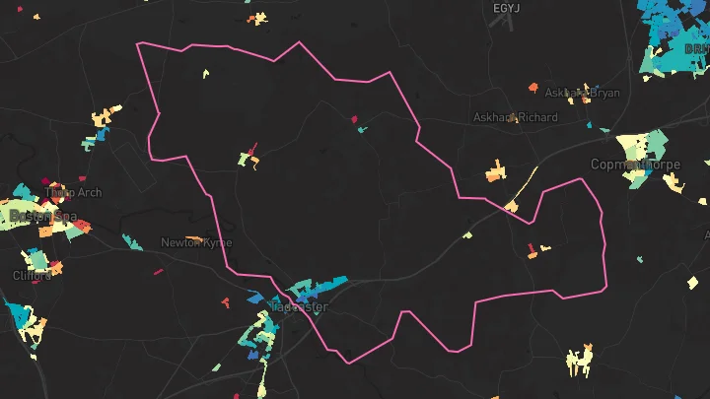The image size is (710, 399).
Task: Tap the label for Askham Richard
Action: [515, 117]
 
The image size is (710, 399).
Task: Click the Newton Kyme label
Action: [196, 242]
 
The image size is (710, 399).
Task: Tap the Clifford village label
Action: [33, 276]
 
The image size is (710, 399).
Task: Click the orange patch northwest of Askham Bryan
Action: [533, 88]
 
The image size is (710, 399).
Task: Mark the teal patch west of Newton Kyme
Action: [130, 241]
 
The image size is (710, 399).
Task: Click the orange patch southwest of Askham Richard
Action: [495, 174]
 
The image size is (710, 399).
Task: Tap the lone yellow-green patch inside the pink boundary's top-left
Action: [207, 73]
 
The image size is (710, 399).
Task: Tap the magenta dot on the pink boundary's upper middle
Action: [355, 119]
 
